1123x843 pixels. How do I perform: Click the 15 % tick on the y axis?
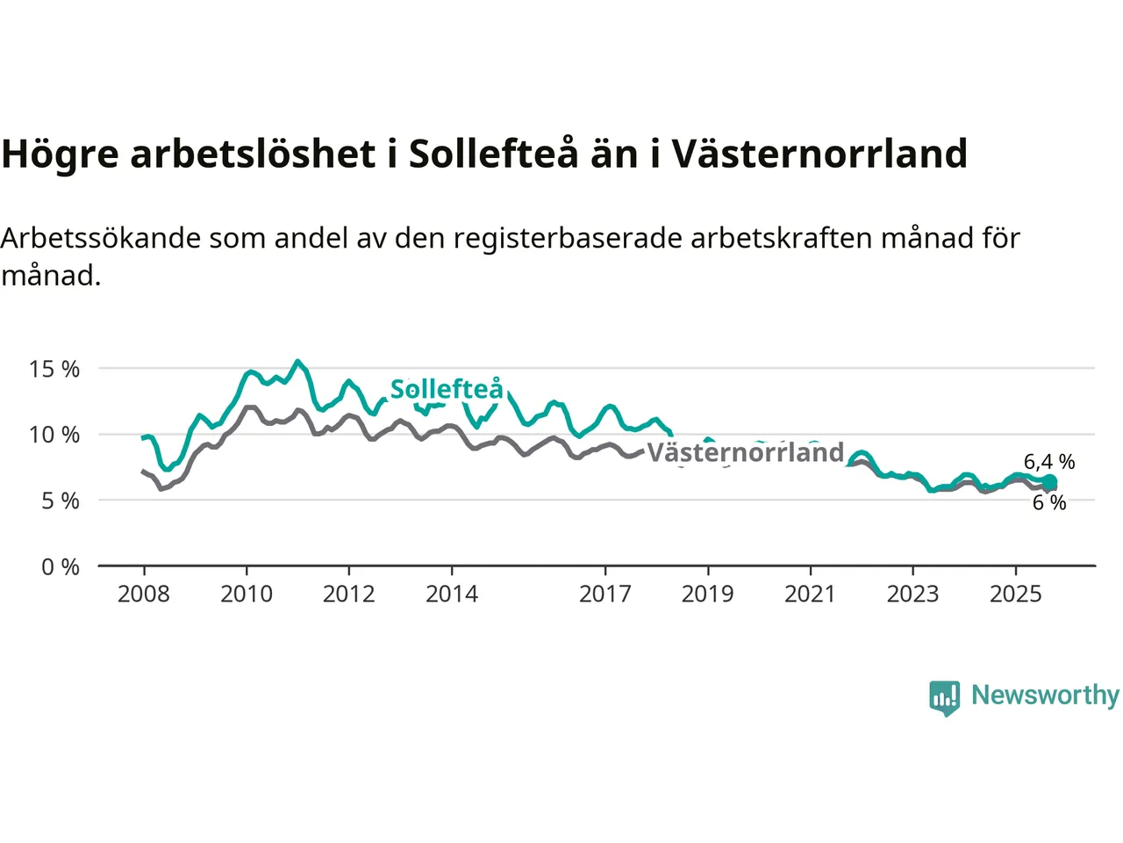[x=54, y=369]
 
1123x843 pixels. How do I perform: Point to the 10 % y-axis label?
[x=54, y=435]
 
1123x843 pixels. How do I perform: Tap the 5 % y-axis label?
[x=61, y=501]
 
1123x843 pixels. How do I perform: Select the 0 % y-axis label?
[x=61, y=567]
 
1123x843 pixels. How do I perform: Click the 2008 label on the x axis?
[x=144, y=594]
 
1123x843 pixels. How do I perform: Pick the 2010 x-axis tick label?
[x=247, y=594]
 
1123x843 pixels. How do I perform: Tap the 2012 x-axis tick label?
[x=349, y=594]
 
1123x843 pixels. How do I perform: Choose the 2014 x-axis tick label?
[x=452, y=594]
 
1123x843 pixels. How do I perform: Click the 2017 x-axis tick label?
[x=605, y=594]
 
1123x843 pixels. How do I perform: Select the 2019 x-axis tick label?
[x=708, y=594]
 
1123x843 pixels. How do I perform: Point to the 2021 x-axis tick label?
[x=811, y=594]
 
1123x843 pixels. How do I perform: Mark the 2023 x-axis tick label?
[x=913, y=594]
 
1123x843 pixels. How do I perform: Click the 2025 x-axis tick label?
[x=1016, y=594]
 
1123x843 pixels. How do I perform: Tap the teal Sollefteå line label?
[x=447, y=389]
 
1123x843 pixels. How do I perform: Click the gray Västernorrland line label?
[x=746, y=452]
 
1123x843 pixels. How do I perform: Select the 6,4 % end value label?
[x=1049, y=462]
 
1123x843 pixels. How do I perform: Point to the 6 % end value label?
[x=1049, y=502]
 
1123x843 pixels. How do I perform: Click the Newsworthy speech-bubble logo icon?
[x=945, y=697]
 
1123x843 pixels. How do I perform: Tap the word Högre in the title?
[x=60, y=155]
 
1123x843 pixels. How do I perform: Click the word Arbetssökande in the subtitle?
[x=102, y=238]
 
